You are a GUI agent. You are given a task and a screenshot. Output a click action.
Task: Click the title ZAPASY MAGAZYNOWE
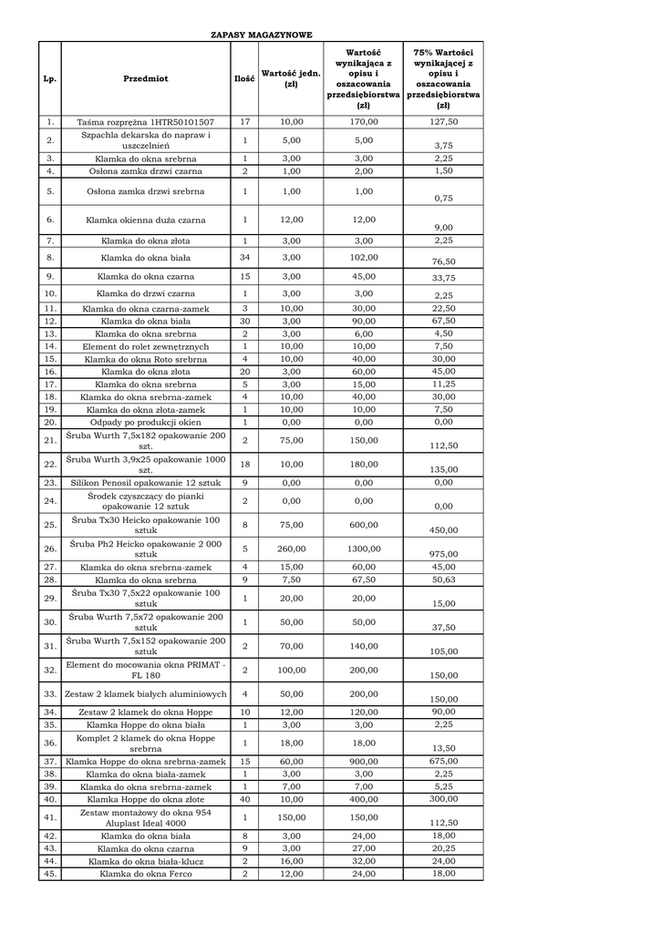tap(262, 35)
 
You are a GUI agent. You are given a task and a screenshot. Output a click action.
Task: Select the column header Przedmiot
tap(146, 79)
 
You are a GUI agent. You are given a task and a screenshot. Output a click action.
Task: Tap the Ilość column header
tap(244, 79)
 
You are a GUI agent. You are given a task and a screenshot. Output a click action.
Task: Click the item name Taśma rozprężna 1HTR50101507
tap(146, 121)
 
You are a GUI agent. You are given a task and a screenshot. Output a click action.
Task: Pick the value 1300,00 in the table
tap(364, 549)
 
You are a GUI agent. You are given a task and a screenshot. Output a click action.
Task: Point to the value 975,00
tap(444, 554)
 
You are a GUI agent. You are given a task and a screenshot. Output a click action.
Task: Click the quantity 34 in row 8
tap(244, 259)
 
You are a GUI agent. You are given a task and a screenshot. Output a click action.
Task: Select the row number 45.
tap(50, 874)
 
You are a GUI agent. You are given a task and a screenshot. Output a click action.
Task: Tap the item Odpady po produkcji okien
tap(146, 422)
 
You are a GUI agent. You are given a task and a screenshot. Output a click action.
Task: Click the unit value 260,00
tap(292, 549)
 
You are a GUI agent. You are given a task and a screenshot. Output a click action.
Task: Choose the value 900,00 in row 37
tap(364, 761)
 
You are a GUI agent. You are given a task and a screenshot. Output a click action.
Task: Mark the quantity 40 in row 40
tap(244, 798)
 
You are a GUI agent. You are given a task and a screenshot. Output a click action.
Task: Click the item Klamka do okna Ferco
tap(146, 874)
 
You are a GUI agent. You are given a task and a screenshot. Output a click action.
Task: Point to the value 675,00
tap(444, 761)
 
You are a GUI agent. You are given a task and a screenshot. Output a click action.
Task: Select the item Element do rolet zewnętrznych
tap(146, 346)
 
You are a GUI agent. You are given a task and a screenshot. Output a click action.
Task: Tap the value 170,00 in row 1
tap(364, 121)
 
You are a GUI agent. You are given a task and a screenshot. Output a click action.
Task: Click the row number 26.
tap(50, 549)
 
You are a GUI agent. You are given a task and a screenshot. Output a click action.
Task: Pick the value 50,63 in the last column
tap(444, 579)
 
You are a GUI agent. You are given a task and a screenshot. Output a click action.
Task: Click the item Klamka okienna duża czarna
tap(146, 220)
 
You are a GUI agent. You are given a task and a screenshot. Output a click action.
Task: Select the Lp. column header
tap(50, 79)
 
